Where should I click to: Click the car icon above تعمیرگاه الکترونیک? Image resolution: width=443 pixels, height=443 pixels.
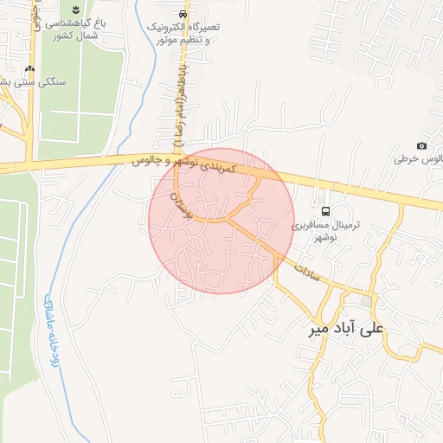click(x=183, y=15)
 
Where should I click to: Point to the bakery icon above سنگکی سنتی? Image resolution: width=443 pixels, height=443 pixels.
click(x=31, y=68)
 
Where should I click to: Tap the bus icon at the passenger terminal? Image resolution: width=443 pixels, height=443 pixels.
click(x=325, y=212)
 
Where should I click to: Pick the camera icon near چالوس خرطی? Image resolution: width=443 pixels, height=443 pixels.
click(x=421, y=146)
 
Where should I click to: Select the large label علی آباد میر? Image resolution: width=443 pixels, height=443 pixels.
click(x=344, y=329)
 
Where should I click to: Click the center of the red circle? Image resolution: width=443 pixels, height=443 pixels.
click(x=221, y=221)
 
